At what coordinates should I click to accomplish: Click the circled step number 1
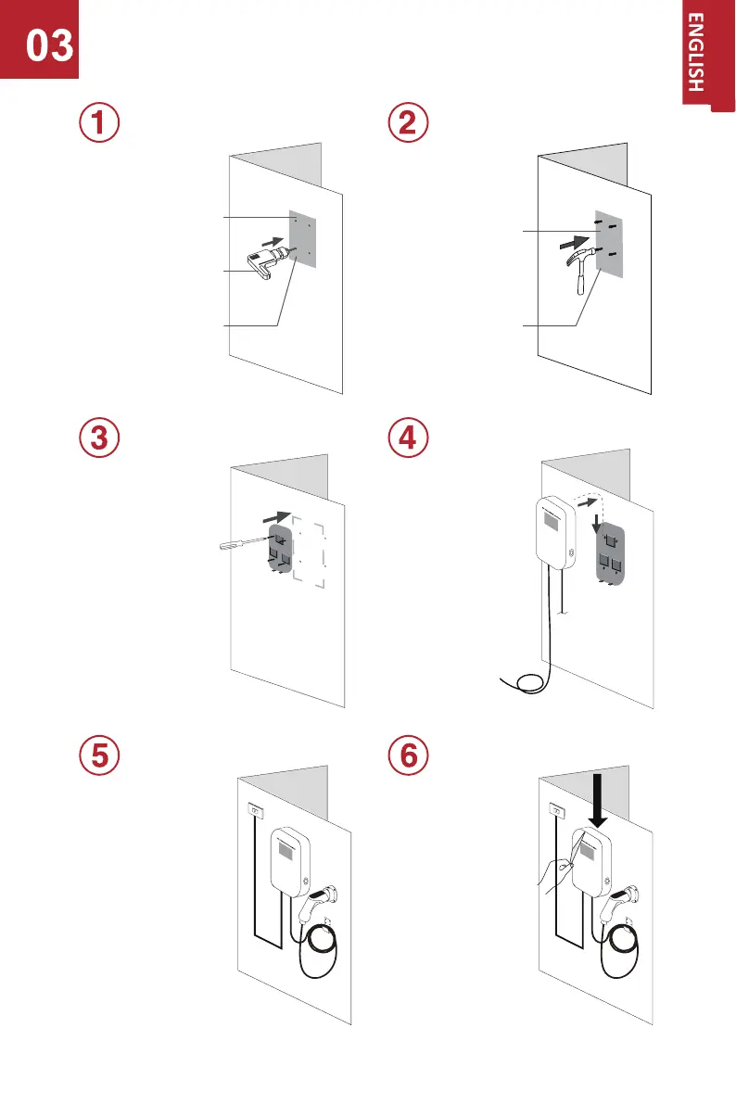point(98,124)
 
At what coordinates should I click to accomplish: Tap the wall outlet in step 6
point(559,811)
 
